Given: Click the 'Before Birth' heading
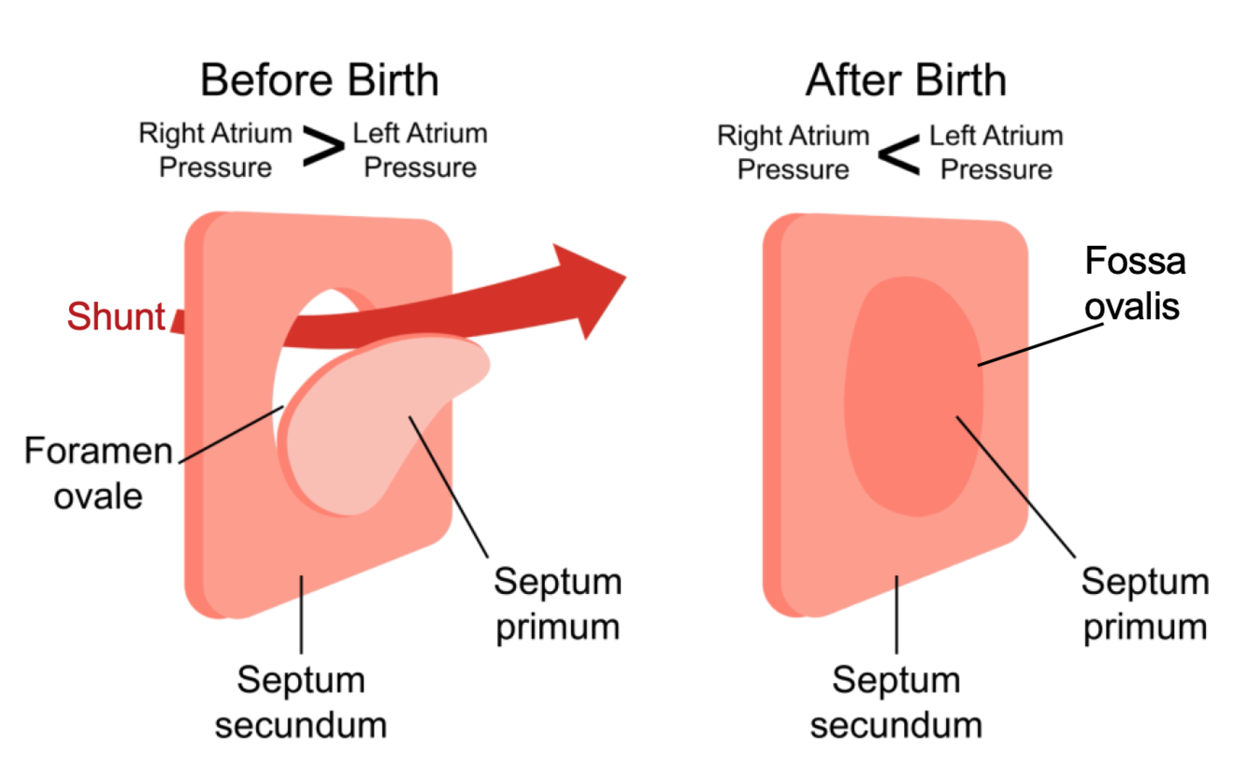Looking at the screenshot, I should [319, 80].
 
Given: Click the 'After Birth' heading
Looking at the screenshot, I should [906, 80].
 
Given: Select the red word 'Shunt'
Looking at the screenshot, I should [116, 317].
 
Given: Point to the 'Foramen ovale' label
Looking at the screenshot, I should [98, 472].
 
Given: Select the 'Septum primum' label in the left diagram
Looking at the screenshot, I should [558, 603].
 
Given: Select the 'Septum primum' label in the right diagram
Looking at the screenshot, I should [1145, 603].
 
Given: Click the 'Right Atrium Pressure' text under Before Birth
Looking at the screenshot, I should [215, 150].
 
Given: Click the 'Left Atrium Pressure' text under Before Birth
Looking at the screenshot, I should [420, 150].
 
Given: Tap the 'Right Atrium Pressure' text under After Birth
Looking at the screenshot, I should [793, 152].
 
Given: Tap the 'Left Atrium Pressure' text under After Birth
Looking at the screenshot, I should [996, 152].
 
